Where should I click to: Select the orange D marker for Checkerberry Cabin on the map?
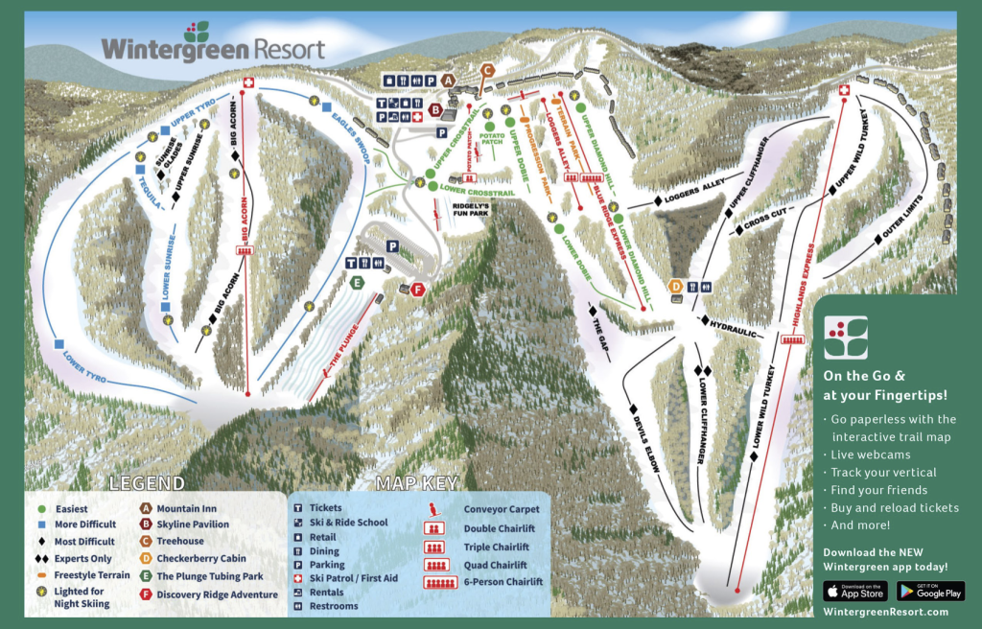coord(676,286)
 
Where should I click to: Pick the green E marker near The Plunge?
coord(356,282)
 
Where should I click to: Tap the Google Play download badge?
coord(930,591)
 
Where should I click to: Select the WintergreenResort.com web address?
coord(885,612)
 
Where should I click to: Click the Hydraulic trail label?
coord(734,328)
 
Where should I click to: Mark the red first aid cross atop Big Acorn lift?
coord(247,84)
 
